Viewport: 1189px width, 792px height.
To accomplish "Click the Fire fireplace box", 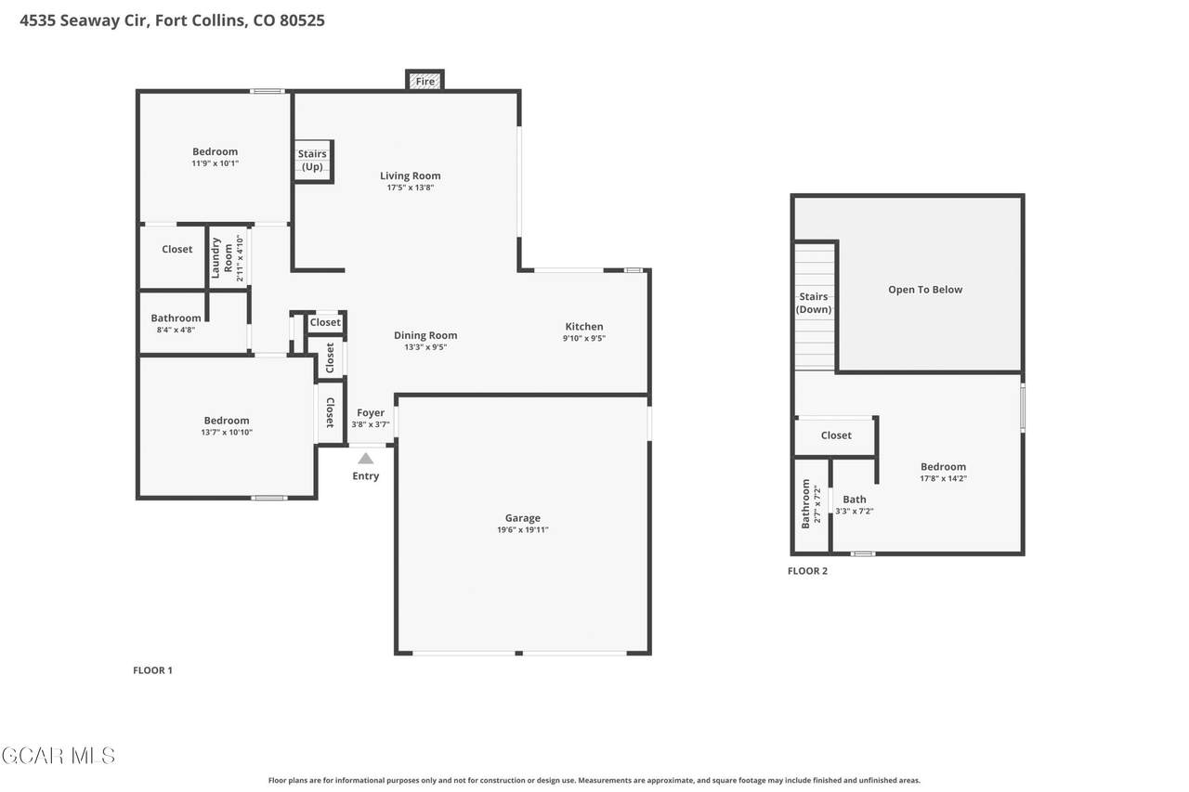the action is [425, 80].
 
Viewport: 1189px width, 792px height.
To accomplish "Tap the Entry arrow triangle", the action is [365, 459].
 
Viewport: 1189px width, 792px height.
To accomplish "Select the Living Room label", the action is [410, 175].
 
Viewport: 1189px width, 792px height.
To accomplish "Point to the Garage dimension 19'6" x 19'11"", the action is [523, 529].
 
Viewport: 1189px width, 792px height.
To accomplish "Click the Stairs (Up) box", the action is [313, 162].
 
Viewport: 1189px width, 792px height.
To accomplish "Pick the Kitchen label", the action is [584, 326].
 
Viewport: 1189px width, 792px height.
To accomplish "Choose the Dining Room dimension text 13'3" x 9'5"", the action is [425, 347].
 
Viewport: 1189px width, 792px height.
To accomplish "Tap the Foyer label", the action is [371, 412].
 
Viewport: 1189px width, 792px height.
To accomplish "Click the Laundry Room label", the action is [222, 258].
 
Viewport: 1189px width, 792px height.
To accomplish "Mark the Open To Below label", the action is [925, 289].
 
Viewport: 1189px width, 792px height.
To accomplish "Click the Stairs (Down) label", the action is [813, 303].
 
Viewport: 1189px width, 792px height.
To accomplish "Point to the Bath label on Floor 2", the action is [854, 500].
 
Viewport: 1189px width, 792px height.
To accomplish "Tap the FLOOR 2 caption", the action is [807, 571].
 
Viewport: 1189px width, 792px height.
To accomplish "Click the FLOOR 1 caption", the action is [152, 670].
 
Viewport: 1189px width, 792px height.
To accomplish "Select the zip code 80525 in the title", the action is [302, 20].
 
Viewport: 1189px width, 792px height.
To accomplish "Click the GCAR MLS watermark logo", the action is [59, 756].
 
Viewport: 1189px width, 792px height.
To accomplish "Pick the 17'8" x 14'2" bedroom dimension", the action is [943, 478].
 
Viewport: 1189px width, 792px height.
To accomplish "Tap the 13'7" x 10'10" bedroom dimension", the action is [227, 432].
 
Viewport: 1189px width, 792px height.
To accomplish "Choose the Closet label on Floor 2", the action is [836, 435].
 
